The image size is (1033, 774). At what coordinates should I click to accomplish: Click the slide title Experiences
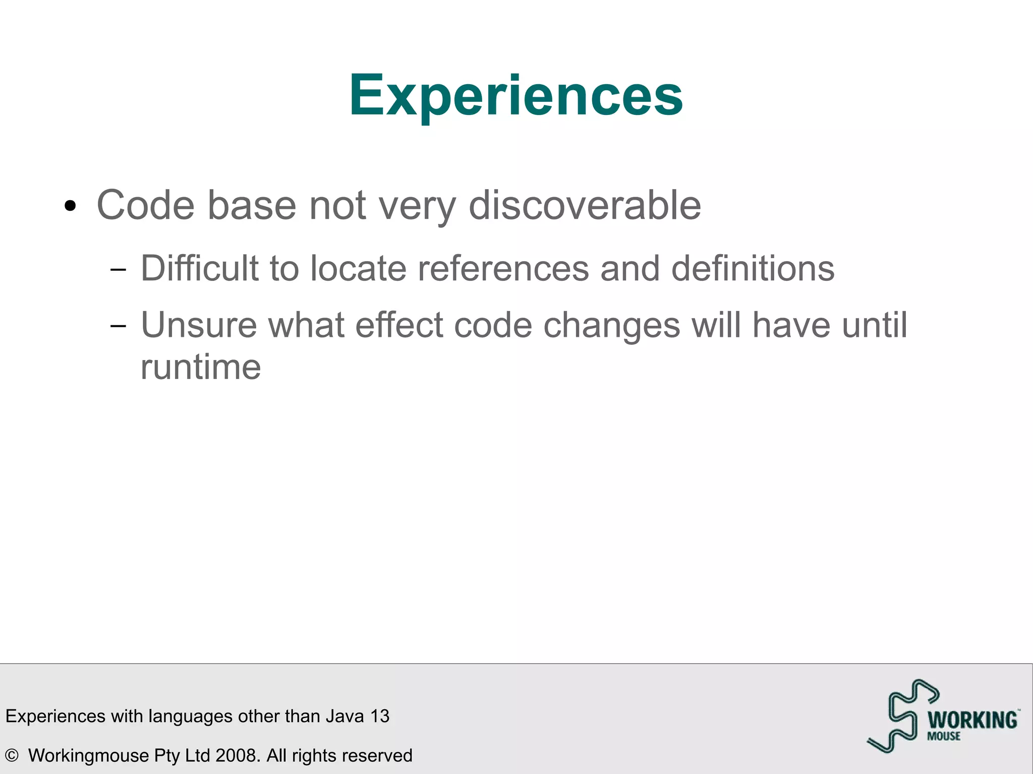(x=515, y=96)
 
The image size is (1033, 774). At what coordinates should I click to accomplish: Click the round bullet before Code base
(x=70, y=206)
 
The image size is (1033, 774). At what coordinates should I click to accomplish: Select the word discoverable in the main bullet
(x=585, y=205)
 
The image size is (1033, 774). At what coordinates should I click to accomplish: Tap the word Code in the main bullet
(x=145, y=205)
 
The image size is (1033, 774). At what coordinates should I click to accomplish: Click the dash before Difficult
(x=118, y=270)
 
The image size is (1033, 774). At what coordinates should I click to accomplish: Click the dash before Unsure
(x=118, y=326)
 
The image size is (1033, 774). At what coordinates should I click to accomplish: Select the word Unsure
(x=199, y=325)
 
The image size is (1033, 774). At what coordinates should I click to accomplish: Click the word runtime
(x=200, y=367)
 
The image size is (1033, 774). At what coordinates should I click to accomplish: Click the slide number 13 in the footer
(x=380, y=716)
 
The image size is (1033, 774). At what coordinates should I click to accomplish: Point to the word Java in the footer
(x=345, y=716)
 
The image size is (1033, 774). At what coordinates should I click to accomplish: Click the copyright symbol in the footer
(x=12, y=755)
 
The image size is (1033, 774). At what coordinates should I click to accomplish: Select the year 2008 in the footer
(x=237, y=755)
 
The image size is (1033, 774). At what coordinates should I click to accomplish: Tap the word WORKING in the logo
(x=972, y=720)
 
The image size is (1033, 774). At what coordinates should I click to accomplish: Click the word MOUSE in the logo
(x=943, y=737)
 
